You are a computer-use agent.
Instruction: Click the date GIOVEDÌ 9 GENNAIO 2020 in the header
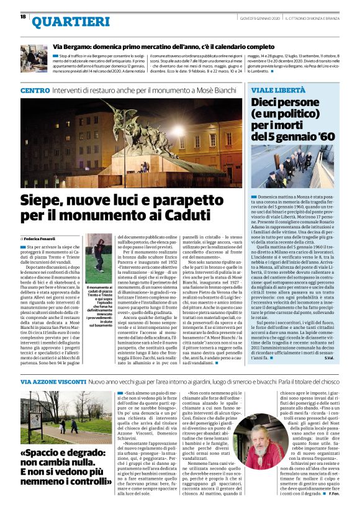[254, 17]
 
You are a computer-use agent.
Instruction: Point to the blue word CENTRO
[35, 91]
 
